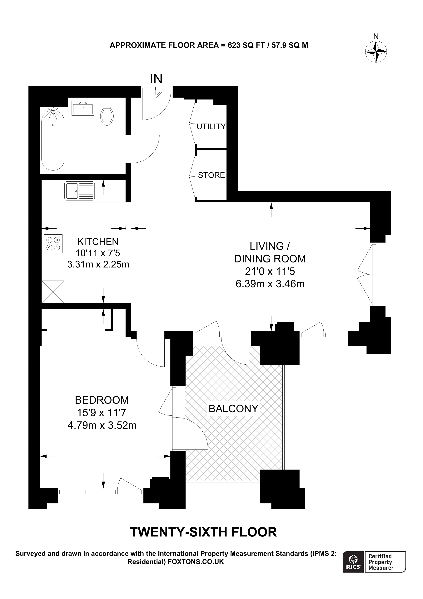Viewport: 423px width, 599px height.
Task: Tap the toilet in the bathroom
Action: [107, 116]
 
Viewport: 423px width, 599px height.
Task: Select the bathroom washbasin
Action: [83, 108]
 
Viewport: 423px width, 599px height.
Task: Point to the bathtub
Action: [53, 140]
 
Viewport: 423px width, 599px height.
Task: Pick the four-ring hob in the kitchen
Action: [53, 244]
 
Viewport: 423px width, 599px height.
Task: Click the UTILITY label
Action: [211, 127]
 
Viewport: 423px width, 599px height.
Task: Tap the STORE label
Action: [211, 175]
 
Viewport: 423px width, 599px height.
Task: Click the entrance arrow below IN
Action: [156, 92]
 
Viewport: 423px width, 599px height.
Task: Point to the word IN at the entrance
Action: [156, 79]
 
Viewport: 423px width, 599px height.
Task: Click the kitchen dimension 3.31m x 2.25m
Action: [98, 265]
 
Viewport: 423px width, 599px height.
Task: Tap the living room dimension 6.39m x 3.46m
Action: [270, 284]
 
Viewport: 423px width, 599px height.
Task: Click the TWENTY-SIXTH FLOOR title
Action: [203, 532]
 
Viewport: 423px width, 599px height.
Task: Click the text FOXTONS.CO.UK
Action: [196, 562]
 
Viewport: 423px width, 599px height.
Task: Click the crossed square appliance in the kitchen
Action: [53, 292]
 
